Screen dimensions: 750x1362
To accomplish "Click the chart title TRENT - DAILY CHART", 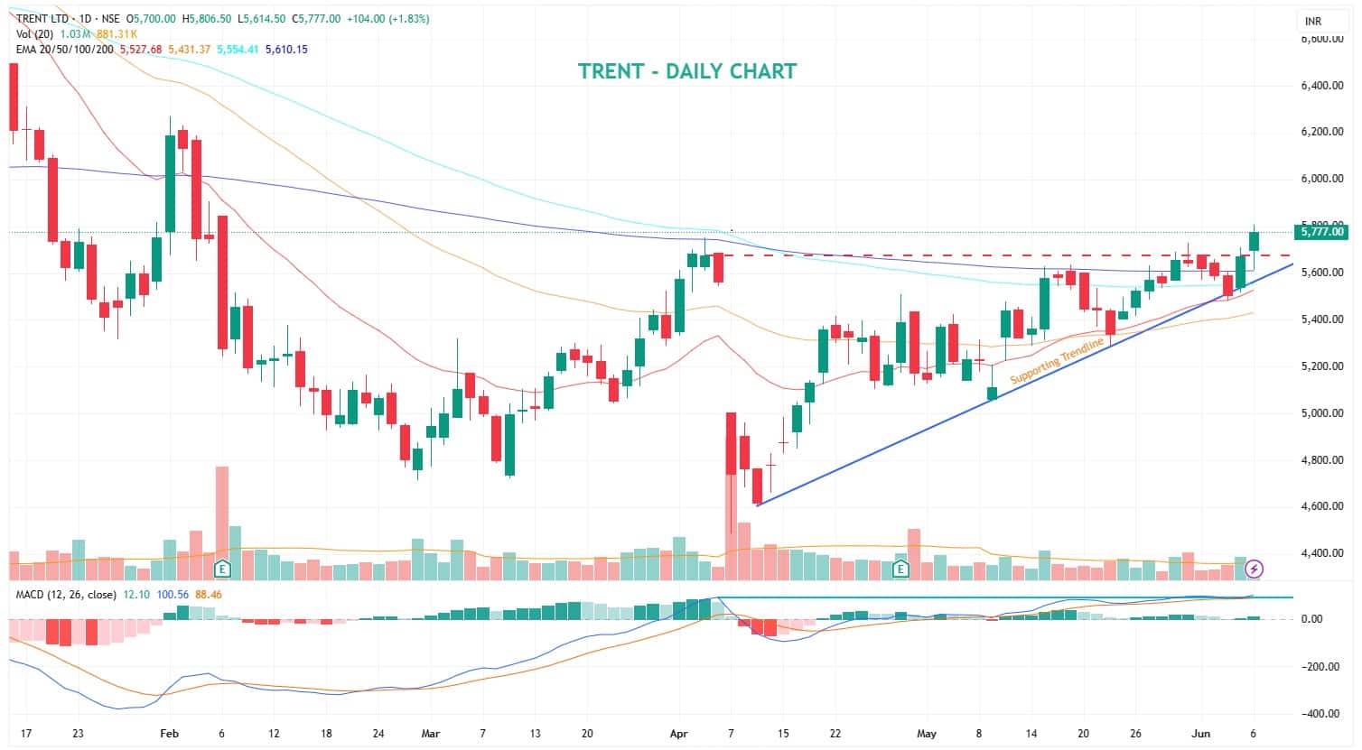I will pos(687,71).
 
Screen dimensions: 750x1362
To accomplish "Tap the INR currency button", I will pos(1312,21).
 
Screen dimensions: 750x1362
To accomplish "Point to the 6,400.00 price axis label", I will pos(1322,86).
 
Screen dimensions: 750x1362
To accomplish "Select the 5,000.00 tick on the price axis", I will pos(1322,413).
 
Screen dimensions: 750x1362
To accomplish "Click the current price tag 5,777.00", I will pos(1321,232).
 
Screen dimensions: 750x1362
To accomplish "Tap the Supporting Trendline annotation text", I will pos(1057,361).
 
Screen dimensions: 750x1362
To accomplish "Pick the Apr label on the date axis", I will pos(679,734).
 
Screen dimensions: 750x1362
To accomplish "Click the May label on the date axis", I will pos(927,734).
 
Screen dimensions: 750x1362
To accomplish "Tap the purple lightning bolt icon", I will pos(1254,569).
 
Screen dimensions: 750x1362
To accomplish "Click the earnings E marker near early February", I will pos(221,569).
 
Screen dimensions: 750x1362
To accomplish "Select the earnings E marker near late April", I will pos(900,569).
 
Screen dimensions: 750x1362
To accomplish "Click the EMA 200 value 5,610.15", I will pos(284,50).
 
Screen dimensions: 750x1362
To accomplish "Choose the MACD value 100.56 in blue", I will pos(173,595).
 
